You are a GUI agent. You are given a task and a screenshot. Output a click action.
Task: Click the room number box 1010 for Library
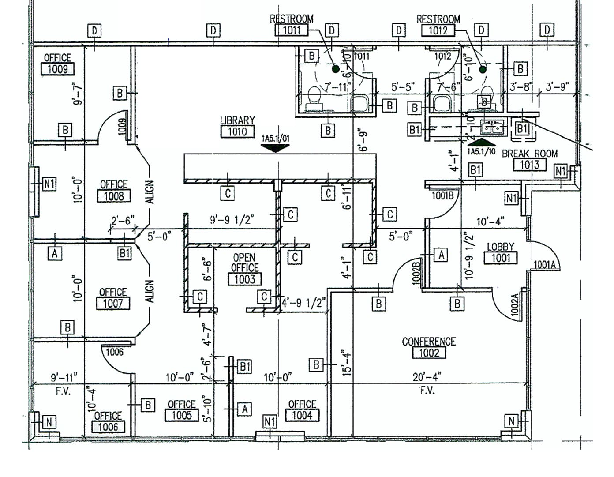pos(237,131)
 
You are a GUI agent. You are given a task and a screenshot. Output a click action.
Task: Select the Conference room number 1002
pos(429,353)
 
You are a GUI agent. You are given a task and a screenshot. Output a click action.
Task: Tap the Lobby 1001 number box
pos(501,258)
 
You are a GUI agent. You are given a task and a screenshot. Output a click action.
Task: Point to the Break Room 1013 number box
pos(529,165)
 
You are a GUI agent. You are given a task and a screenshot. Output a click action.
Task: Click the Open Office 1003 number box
pos(245,279)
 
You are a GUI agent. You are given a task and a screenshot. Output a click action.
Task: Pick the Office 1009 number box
pos(57,69)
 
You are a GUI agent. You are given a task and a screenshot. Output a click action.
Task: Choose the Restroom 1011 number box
pos(291,30)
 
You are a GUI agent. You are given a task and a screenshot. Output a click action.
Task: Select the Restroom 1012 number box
pos(438,30)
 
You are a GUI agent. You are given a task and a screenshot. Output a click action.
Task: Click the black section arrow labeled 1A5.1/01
pos(275,148)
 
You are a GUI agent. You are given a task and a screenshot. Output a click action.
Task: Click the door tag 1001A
pos(547,265)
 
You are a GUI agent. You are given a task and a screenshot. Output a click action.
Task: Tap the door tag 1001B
pos(442,195)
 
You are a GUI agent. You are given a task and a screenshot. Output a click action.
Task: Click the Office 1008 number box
pos(114,196)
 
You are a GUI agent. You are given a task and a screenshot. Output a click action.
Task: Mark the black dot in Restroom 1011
pos(336,69)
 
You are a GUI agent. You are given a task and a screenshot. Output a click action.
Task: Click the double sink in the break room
pos(492,128)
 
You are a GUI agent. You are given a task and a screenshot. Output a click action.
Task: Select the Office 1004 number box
pos(302,415)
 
